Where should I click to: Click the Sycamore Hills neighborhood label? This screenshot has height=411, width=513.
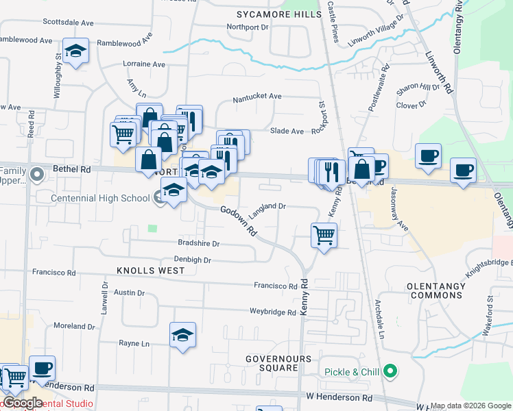click(x=278, y=14)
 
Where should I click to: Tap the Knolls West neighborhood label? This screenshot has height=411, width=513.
click(x=151, y=271)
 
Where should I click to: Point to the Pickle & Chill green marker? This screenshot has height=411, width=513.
click(x=391, y=372)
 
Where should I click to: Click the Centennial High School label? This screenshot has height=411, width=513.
click(x=101, y=198)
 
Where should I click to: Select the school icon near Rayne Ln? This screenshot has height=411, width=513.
click(x=182, y=335)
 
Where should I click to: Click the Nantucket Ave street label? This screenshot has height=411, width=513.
click(x=257, y=97)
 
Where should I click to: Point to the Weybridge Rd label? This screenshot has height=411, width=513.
click(x=272, y=312)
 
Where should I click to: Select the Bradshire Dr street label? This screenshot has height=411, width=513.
click(x=198, y=243)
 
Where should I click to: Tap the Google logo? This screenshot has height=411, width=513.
click(x=23, y=403)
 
